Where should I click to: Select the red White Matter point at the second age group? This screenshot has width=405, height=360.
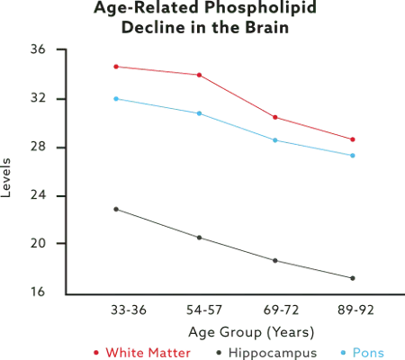[198, 75]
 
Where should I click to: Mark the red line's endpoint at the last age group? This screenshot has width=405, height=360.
[354, 139]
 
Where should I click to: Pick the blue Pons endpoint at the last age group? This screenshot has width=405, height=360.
[354, 156]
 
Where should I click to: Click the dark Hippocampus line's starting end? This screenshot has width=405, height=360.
[113, 208]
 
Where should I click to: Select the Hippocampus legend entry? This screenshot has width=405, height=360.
[262, 353]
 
